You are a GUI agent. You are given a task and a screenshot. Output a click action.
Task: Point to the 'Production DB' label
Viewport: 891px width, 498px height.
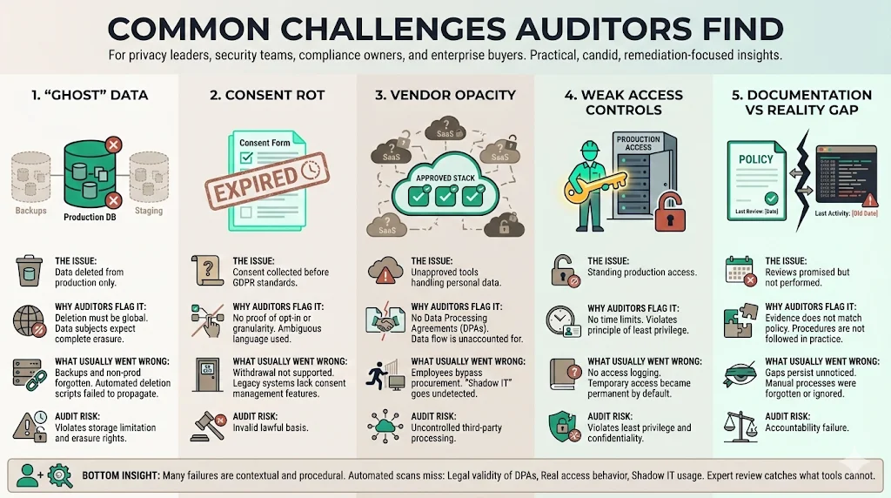click(90, 217)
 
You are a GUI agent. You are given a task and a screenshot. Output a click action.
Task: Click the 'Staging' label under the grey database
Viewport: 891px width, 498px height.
click(149, 211)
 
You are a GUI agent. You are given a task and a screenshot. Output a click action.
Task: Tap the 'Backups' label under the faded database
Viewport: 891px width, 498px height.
click(30, 211)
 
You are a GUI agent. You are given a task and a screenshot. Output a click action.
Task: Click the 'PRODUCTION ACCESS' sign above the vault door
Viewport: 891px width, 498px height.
click(639, 143)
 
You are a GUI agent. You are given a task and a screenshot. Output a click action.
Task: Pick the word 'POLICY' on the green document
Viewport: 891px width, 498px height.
click(755, 159)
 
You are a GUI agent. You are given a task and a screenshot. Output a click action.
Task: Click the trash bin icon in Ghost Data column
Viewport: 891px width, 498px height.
click(28, 272)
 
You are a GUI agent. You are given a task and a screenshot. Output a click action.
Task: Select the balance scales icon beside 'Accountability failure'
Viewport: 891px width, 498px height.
click(739, 426)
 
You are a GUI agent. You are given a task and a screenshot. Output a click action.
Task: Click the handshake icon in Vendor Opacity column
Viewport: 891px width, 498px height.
click(384, 321)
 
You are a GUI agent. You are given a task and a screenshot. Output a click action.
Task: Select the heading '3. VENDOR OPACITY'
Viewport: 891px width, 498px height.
click(445, 95)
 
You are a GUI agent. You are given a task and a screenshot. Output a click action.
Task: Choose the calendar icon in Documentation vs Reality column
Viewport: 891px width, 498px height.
click(739, 272)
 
